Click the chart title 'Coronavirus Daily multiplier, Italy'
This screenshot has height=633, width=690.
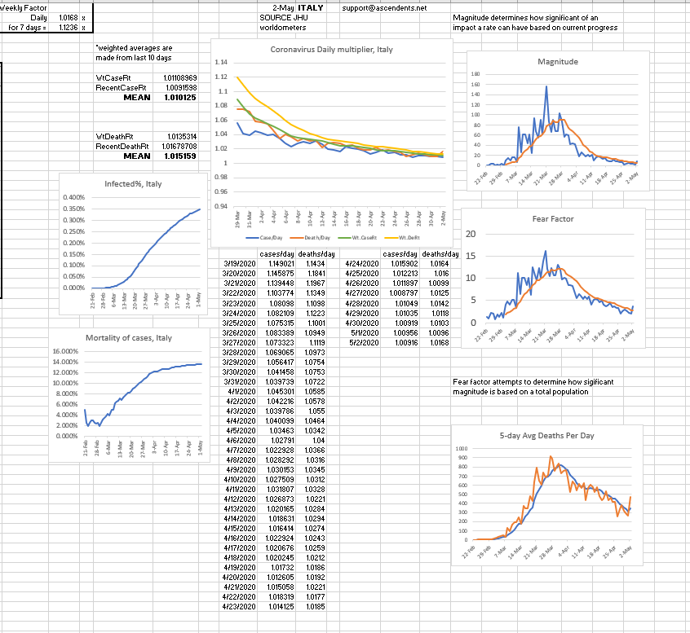point(331,50)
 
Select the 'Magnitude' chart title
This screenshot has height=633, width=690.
point(558,62)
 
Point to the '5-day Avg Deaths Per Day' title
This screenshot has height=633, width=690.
point(546,436)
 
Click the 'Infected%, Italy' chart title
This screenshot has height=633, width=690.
point(133,184)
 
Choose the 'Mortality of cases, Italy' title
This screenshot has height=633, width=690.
point(129,338)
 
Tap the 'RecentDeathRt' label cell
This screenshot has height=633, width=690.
point(121,146)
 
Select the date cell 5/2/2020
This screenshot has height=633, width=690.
point(358,342)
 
